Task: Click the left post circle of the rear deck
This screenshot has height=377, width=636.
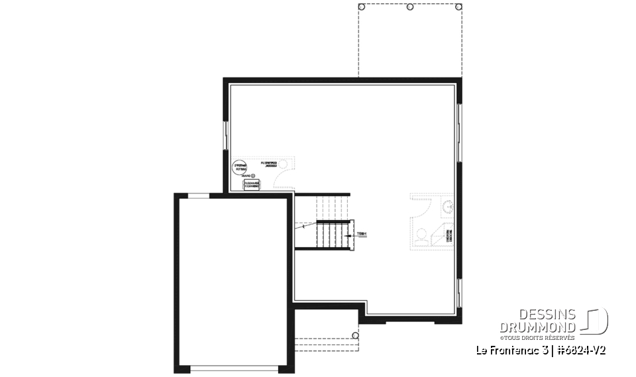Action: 361,7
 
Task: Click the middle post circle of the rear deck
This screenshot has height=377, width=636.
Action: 409,7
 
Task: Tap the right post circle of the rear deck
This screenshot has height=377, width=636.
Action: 458,7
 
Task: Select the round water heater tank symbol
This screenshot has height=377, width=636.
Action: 239,168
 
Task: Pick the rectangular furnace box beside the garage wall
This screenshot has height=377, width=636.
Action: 252,185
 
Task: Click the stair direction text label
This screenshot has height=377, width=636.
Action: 362,234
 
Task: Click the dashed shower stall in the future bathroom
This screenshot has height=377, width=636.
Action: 441,235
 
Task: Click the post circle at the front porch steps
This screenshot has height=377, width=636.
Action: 355,336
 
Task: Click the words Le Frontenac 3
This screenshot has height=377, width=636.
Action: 507,350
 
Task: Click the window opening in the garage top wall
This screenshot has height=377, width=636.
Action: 199,195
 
